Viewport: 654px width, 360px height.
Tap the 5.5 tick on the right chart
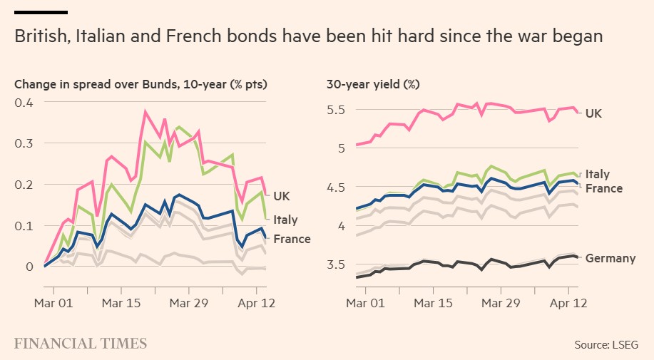335,110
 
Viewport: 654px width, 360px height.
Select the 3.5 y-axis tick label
335,264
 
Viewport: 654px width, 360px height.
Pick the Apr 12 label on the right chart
568,302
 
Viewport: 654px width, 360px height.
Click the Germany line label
610,258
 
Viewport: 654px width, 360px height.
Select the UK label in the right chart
594,113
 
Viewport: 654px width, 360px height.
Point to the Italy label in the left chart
286,220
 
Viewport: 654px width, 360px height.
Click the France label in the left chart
292,239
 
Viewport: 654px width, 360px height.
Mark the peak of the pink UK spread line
145,111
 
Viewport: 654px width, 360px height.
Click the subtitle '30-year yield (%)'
373,84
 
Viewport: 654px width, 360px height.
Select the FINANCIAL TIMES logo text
81,344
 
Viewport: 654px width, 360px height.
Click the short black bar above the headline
41,12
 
